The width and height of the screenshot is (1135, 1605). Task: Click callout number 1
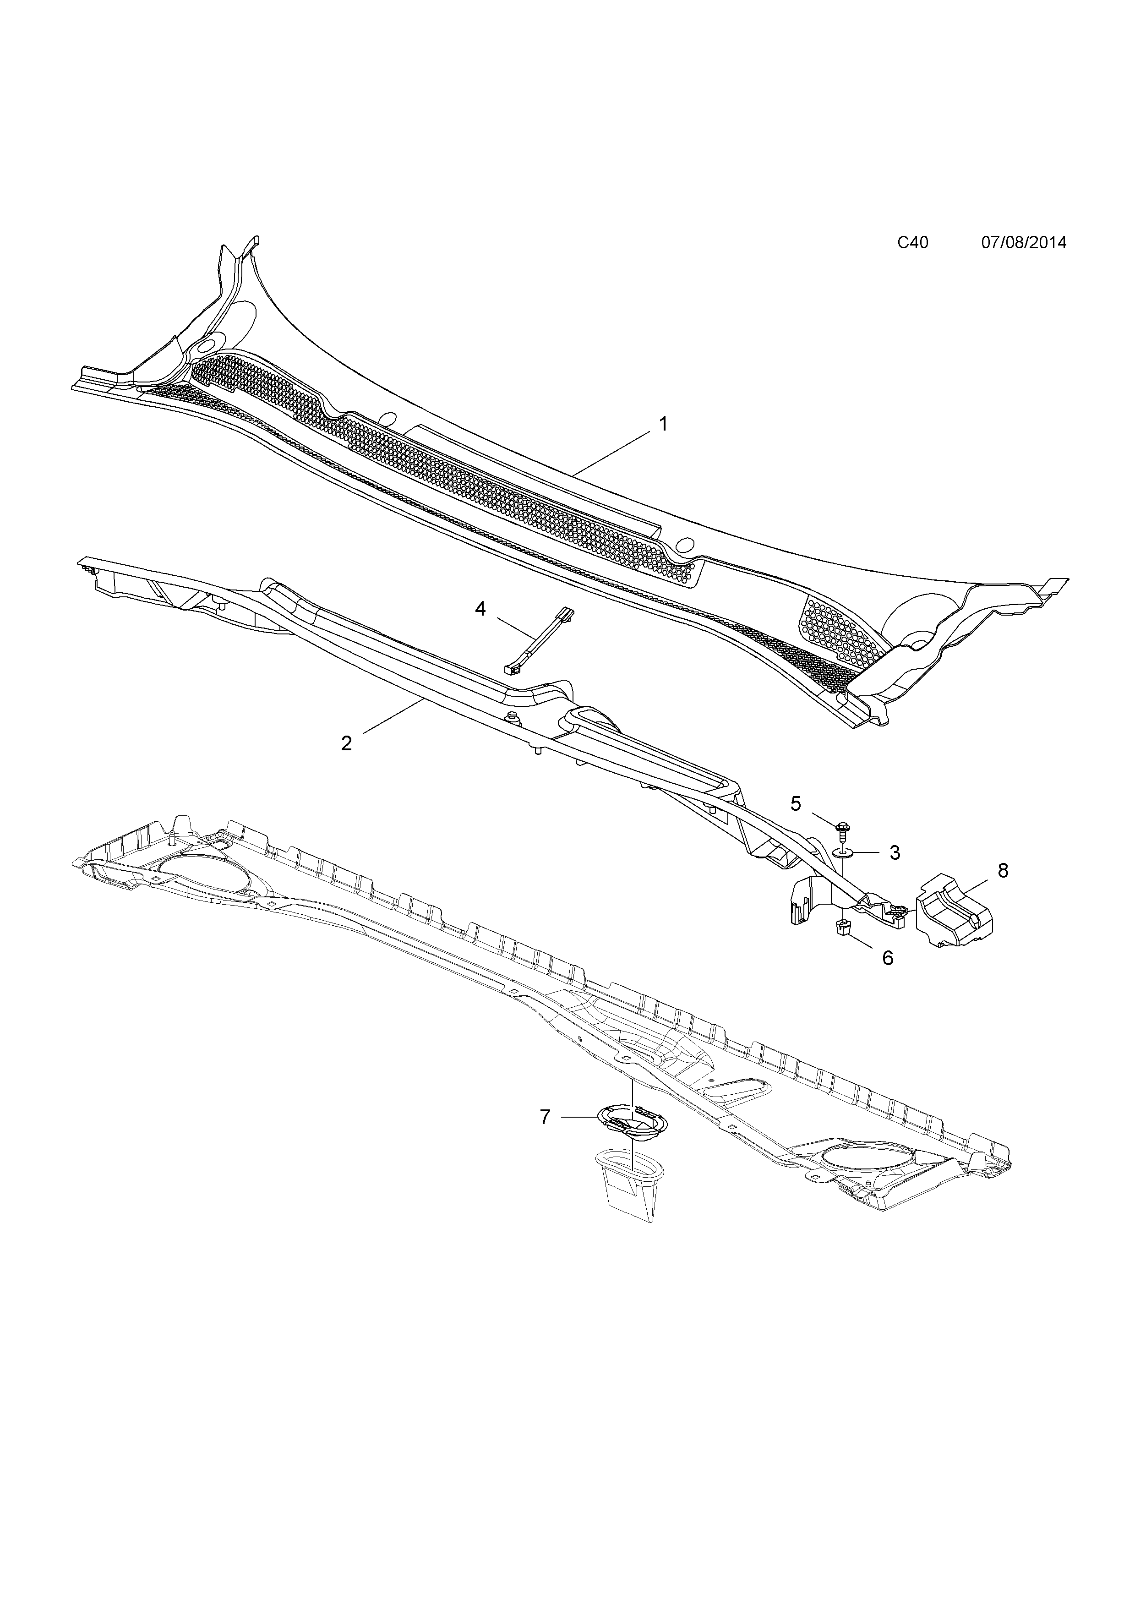[663, 424]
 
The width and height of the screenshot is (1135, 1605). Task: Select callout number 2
[347, 743]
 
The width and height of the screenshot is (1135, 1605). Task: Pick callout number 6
[888, 958]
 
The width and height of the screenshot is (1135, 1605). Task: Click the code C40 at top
[913, 243]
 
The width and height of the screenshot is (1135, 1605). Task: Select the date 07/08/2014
[1024, 243]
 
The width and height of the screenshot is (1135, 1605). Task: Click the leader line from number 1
[611, 454]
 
